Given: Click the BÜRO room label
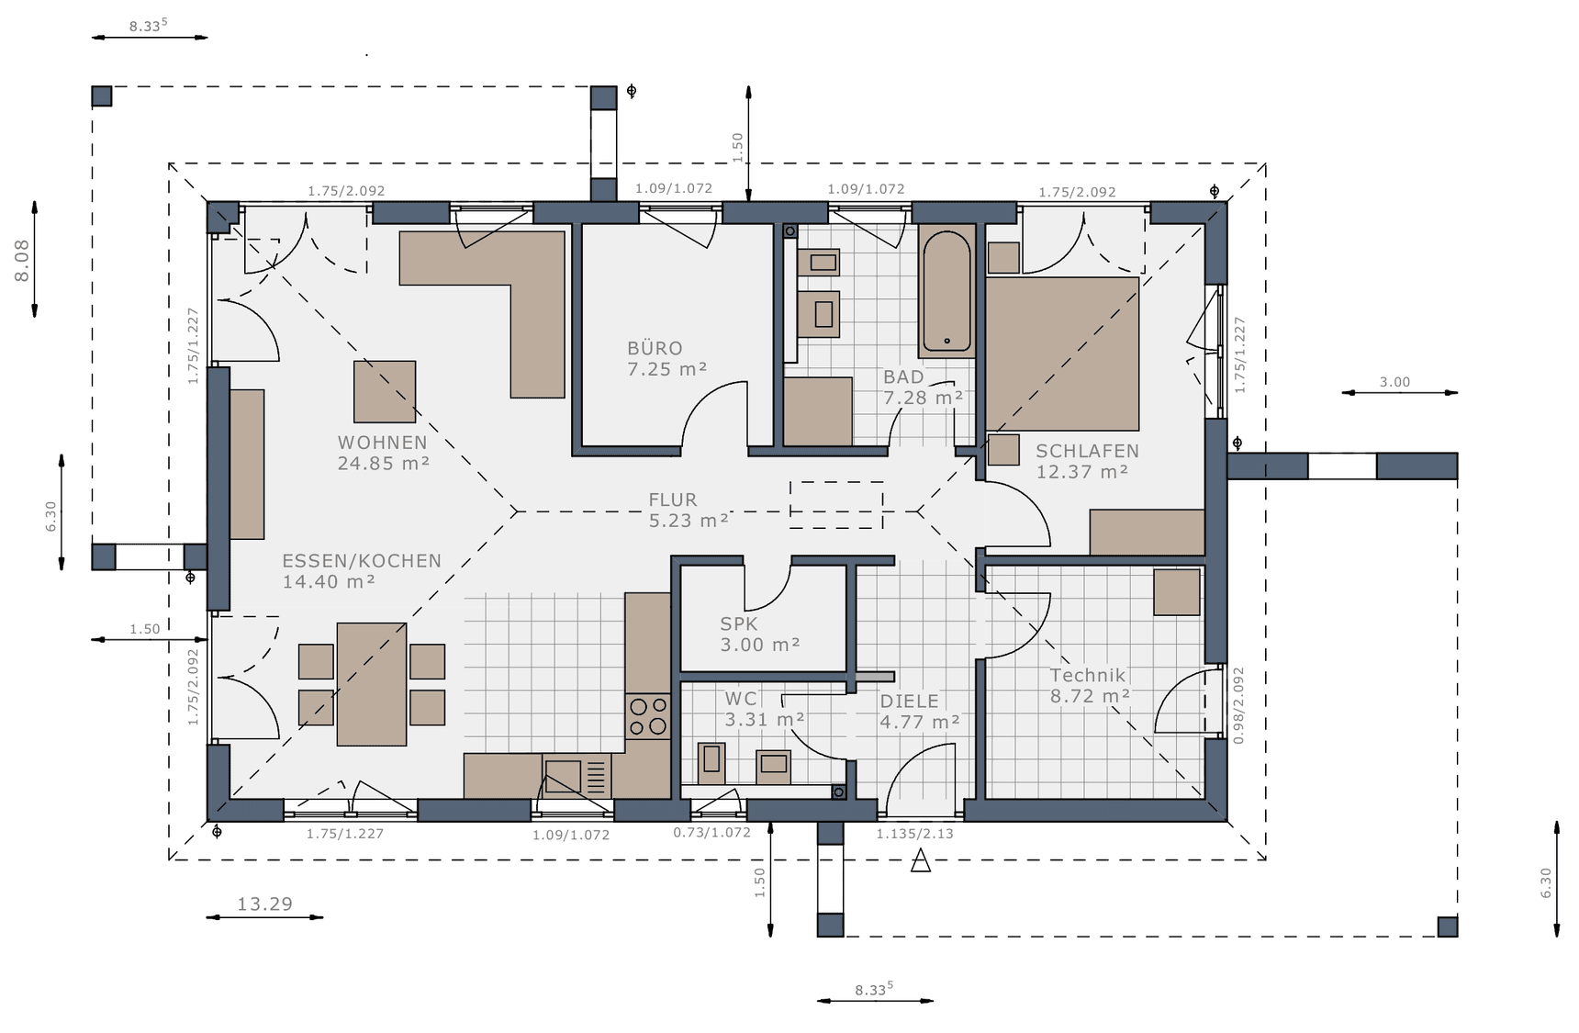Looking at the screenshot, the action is click(655, 348).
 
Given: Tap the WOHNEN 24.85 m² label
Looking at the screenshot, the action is click(383, 453).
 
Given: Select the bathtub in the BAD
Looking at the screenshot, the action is click(946, 290).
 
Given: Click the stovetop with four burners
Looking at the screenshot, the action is click(647, 716).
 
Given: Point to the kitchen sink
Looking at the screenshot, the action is click(577, 776).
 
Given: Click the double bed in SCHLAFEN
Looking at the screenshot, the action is click(1062, 354).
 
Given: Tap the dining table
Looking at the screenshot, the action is click(371, 684).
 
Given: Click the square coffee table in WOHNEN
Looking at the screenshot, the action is click(385, 391).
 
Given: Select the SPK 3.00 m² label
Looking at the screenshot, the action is click(760, 634).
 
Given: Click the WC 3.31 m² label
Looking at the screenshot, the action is click(765, 710).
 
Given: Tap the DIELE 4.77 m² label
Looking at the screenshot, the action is click(920, 712).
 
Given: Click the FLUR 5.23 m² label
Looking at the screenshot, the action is click(689, 510).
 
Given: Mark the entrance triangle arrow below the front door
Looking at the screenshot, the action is click(920, 860).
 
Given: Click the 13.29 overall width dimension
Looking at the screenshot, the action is click(265, 904).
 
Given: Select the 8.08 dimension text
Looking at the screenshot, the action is click(22, 260).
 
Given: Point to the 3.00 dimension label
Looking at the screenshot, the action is click(1394, 382).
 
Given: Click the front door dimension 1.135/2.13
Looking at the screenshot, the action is click(914, 834).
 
